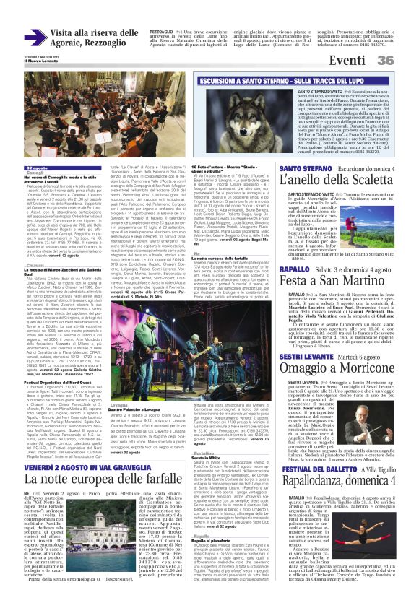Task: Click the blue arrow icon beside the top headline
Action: (x=36, y=38)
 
